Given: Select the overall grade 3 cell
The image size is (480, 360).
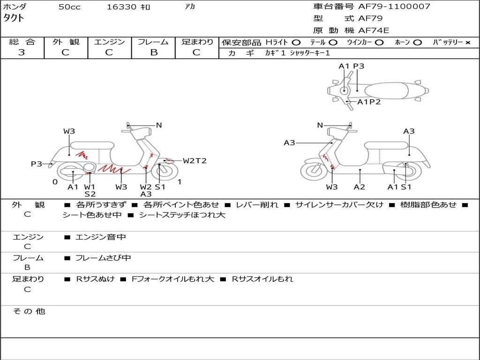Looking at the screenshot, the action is point(22,52).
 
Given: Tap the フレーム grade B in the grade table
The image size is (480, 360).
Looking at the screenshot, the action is point(153,52).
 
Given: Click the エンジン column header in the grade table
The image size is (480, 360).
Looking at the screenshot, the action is point(109,42).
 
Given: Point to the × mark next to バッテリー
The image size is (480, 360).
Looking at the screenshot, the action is point(467,42).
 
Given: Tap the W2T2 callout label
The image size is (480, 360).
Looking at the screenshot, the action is point(195,161).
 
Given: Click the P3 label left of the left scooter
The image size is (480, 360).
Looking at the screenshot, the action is point(37,164).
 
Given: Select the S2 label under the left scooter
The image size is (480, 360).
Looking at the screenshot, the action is point(90,194).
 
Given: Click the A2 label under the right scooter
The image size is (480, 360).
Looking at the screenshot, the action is point(360,187).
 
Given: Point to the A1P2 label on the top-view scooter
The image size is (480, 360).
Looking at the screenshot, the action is point(369,102).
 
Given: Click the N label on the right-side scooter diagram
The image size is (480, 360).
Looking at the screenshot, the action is point(320,125).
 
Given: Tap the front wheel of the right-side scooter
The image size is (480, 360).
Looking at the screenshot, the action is point(314,171).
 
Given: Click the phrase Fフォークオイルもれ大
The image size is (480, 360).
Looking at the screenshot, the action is point(173,279).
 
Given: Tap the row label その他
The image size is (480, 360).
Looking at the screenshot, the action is point(29,311).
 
